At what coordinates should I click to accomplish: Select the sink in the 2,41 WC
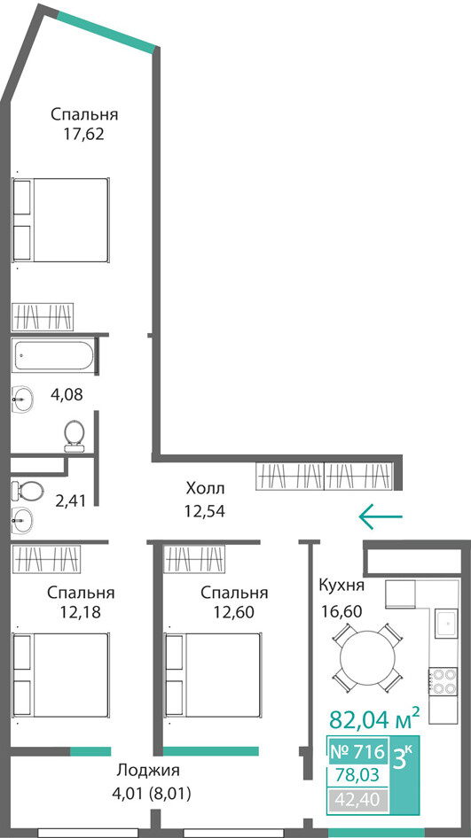(x=21, y=518)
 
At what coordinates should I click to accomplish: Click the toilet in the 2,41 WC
(x=27, y=489)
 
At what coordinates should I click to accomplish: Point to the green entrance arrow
(x=381, y=516)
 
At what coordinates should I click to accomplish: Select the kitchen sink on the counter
(x=446, y=623)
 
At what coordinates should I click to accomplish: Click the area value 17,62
(x=83, y=134)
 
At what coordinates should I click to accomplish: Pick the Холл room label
(x=206, y=488)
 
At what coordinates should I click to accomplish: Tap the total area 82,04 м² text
(x=373, y=719)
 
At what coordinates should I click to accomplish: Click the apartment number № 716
(x=357, y=752)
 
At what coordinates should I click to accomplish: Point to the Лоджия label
(x=148, y=771)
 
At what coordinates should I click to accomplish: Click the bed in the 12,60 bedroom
(x=213, y=675)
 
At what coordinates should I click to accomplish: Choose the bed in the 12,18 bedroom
(x=60, y=675)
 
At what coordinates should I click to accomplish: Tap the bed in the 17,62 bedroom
(x=60, y=220)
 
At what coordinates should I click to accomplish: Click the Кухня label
(x=341, y=586)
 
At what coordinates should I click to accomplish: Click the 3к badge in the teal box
(x=403, y=757)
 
